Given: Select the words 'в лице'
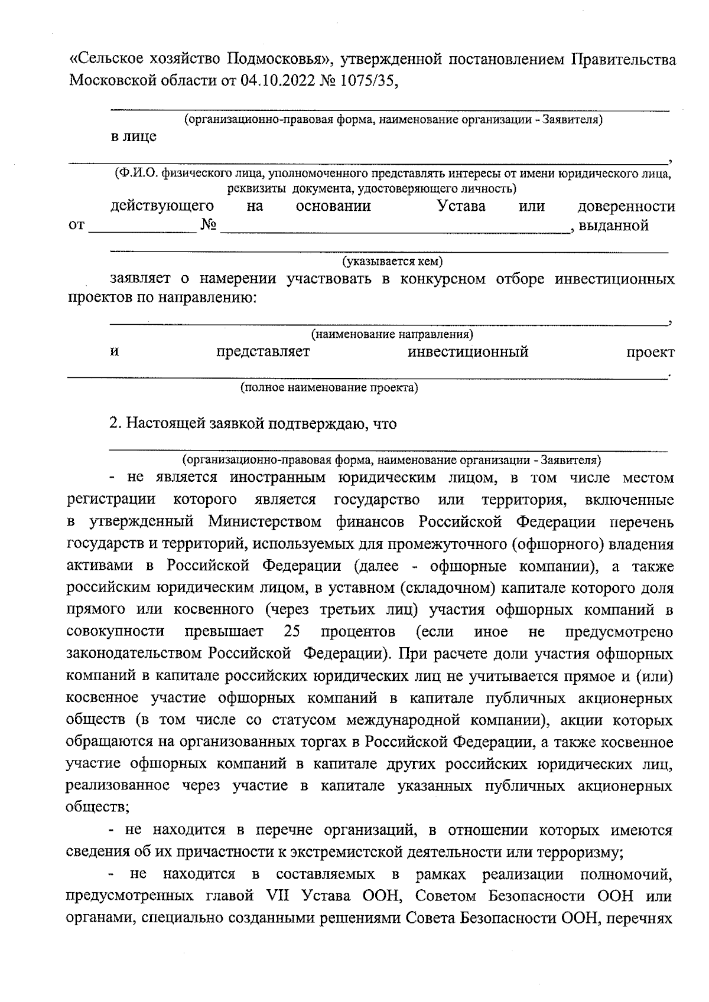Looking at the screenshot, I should point(134,136).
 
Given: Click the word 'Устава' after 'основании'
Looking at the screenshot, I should point(461,206).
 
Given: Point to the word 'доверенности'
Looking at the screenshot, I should point(626,206).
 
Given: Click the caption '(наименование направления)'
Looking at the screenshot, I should point(392,335).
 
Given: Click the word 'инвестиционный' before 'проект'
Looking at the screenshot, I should point(468,353).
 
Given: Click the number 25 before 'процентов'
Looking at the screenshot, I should point(292,632).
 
